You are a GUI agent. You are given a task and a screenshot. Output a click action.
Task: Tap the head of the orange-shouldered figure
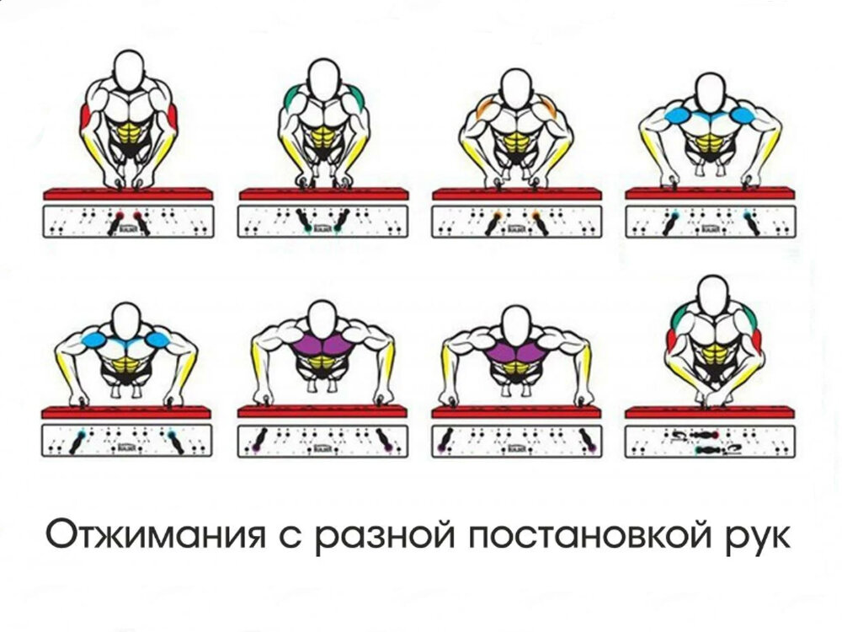pos(515,85)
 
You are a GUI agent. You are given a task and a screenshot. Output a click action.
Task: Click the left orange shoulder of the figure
pos(486,109)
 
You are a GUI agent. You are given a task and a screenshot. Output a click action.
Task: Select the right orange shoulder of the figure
pos(546,109)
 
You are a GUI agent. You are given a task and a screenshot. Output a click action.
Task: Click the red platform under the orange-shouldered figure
pos(516,194)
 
